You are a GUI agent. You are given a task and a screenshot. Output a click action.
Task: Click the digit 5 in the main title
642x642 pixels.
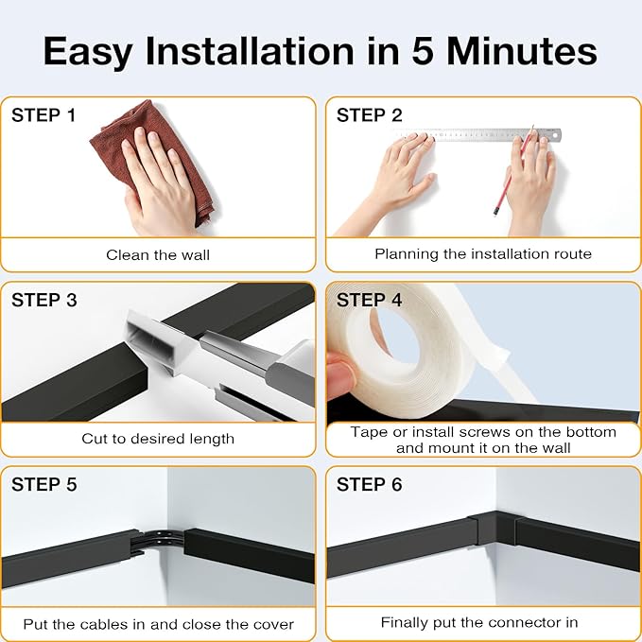click(x=422, y=51)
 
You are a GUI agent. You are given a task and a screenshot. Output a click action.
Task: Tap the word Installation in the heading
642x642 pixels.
click(x=250, y=51)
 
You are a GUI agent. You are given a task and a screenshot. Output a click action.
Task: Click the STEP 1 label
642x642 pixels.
click(x=43, y=115)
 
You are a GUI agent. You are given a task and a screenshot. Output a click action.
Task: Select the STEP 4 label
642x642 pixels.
click(x=369, y=300)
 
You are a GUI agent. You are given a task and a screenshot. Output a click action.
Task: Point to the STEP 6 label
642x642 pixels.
click(x=369, y=484)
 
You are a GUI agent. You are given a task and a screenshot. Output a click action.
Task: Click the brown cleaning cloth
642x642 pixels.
click(x=151, y=160)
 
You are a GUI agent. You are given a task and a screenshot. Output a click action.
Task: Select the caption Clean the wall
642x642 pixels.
click(x=158, y=254)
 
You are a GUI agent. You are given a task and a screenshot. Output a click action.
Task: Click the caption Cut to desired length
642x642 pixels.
click(x=158, y=439)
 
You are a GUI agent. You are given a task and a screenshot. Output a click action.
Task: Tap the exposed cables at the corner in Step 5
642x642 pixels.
click(x=159, y=541)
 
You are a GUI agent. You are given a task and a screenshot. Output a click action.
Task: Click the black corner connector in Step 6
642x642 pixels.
click(x=495, y=529)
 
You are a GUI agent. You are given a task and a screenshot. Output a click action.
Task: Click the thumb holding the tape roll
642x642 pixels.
click(x=340, y=376)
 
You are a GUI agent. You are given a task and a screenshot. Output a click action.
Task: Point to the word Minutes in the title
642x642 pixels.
click(x=521, y=51)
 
